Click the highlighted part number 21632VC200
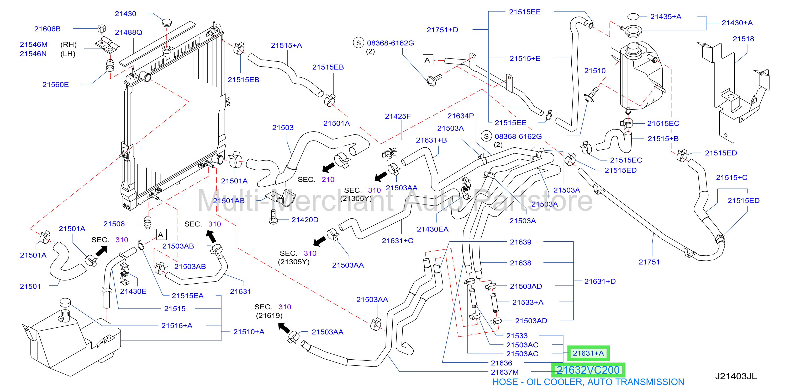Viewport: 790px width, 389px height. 588,370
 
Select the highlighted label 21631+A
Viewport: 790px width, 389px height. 588,353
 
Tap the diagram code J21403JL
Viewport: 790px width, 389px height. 736,376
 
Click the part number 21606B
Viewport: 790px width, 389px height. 47,29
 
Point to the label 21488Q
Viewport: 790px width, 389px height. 129,32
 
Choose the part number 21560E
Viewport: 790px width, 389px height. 55,85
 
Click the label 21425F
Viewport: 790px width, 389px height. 398,116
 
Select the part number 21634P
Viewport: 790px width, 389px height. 461,116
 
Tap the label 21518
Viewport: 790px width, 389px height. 743,39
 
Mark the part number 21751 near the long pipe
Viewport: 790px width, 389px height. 649,262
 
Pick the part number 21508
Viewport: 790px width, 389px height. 114,224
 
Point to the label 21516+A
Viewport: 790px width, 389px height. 177,326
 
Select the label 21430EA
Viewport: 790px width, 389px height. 433,229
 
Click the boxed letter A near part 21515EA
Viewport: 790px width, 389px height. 161,235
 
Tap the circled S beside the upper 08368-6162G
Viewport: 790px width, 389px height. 358,43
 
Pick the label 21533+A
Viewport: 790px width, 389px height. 528,302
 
